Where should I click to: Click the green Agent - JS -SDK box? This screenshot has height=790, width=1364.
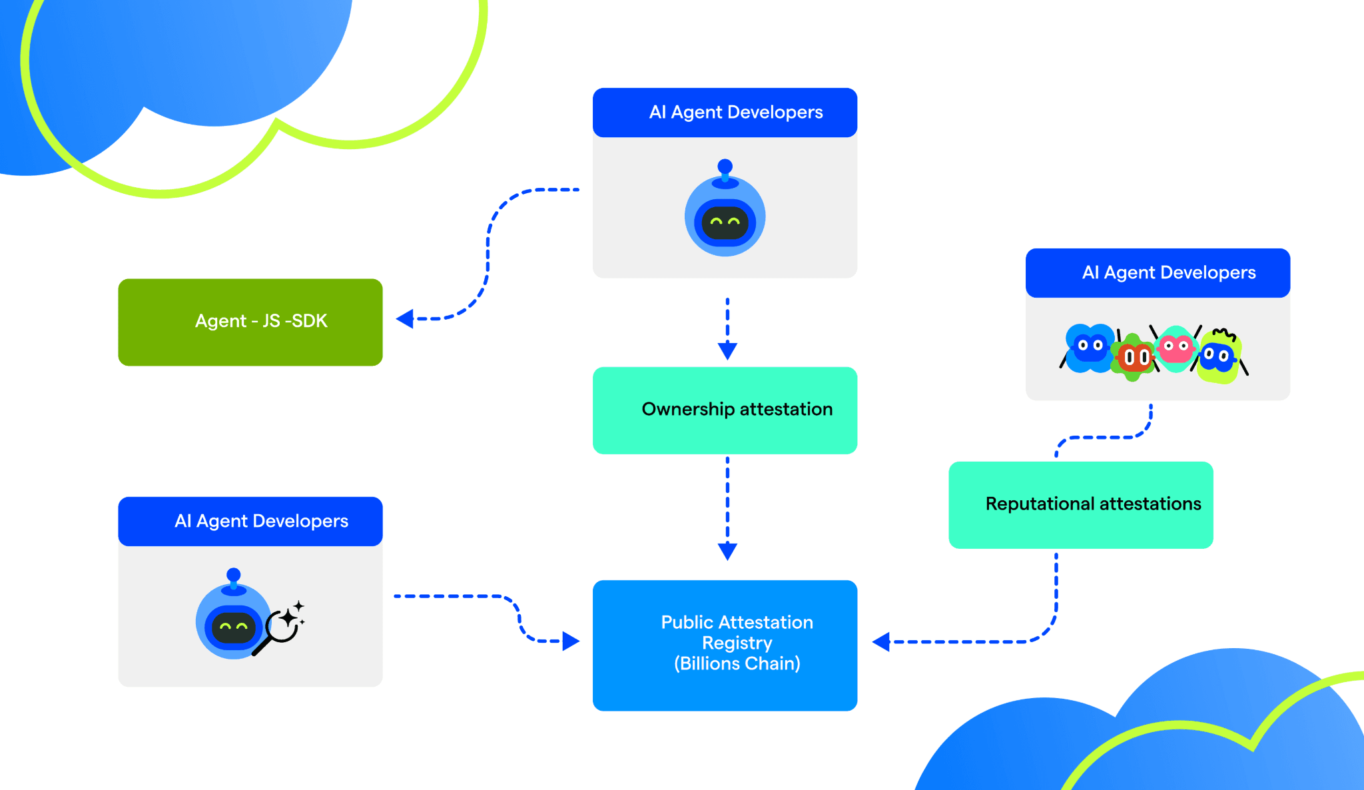pos(250,322)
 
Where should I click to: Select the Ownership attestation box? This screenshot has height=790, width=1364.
pos(725,410)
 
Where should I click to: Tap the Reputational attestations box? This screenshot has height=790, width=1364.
pos(1081,505)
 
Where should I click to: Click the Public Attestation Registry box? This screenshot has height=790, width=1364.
pos(725,645)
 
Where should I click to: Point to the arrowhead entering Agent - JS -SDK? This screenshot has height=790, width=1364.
pos(405,319)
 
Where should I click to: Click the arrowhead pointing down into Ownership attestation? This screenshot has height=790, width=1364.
pos(727,351)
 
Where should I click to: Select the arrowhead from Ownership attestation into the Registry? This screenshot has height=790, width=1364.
pos(727,552)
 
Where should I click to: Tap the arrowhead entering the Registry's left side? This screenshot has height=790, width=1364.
pos(571,641)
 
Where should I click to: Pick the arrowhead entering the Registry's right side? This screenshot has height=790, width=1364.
pos(881,642)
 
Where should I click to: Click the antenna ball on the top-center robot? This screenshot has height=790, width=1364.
pos(725,166)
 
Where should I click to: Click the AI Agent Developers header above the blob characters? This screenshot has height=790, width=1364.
pos(1158,273)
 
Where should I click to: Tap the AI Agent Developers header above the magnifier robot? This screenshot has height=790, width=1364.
pos(250,522)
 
